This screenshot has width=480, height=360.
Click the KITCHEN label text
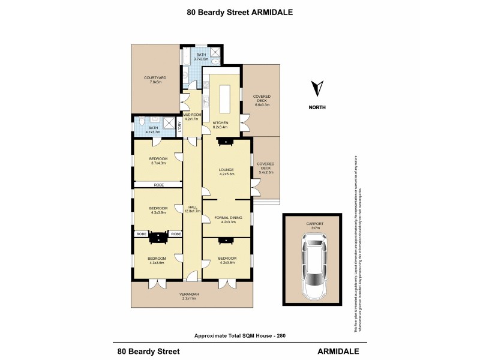click(220, 124)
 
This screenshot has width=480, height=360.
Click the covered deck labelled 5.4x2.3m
click(265, 168)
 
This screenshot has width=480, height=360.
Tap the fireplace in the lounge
click(226, 142)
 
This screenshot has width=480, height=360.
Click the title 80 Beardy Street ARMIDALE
click(239, 11)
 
